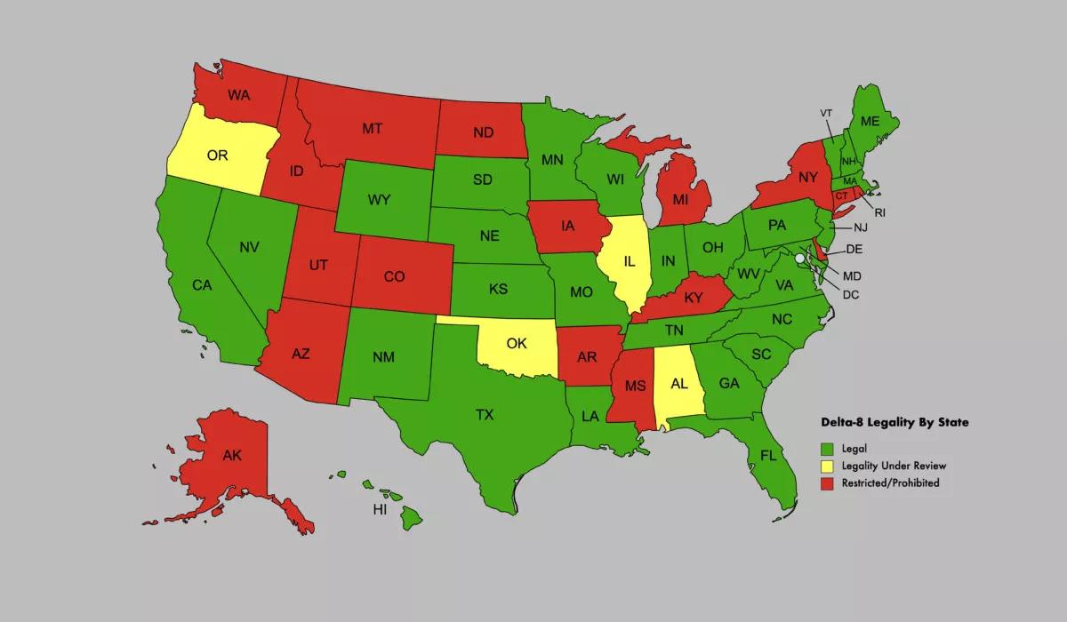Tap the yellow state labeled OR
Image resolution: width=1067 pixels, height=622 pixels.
[x=218, y=155]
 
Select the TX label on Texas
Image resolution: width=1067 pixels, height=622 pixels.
[x=485, y=414]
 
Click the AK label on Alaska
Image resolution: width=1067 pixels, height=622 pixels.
[x=232, y=456]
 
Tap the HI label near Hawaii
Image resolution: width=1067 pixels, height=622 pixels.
[x=380, y=510]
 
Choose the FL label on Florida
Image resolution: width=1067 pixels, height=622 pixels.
[x=767, y=455]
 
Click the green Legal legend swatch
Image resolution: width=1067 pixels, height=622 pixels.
[x=826, y=448]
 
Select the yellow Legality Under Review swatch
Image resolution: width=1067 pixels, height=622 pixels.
[x=826, y=466]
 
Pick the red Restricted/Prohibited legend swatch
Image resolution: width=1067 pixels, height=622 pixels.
[x=826, y=482]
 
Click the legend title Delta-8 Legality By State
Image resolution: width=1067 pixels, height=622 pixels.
[x=894, y=424]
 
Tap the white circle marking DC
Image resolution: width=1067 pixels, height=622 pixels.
[x=800, y=258]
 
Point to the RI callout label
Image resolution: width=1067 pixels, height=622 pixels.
[x=879, y=212]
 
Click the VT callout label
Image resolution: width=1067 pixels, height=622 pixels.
[x=826, y=113]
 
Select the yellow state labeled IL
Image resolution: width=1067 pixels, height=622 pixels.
[x=629, y=262]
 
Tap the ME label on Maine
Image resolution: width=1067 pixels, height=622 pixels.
[x=870, y=121]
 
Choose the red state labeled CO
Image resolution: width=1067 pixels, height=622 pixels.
[x=394, y=276]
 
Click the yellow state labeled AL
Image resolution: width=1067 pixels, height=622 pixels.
[x=679, y=384]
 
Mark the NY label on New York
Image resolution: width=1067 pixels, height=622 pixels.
[x=807, y=178]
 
